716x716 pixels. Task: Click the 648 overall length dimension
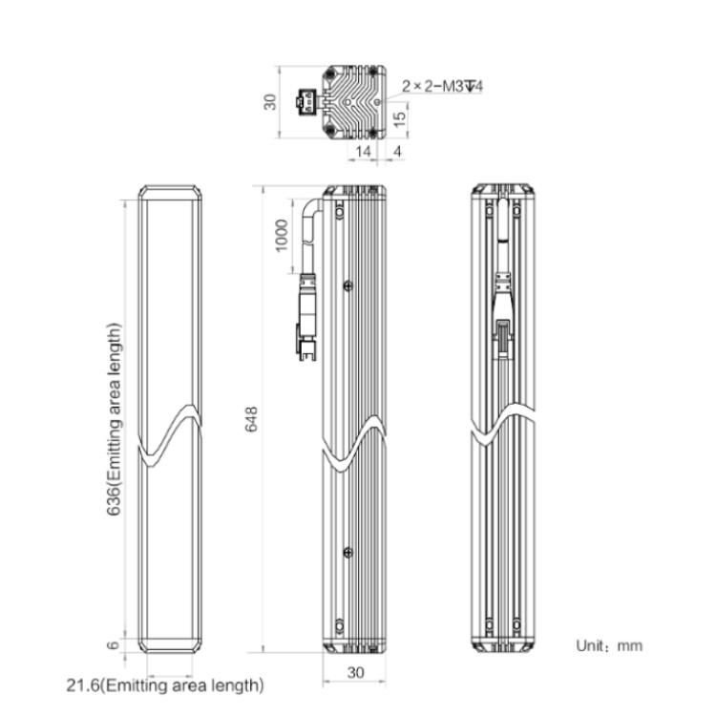coord(252,419)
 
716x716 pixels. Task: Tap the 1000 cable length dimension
coord(282,235)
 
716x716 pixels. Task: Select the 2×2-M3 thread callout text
coord(442,86)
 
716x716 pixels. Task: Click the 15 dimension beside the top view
coord(399,118)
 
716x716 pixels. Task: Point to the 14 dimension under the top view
coord(363,151)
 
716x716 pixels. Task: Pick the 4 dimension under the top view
coord(397,151)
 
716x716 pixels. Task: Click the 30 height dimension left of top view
coord(270,102)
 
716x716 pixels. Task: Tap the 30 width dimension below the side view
coord(356,672)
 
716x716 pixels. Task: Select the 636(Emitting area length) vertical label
coord(115,420)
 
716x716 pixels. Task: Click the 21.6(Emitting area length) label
coord(165,684)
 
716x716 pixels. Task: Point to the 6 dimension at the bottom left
coord(113,645)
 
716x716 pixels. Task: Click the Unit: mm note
coord(609,645)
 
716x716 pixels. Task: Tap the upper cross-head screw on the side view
coord(347,285)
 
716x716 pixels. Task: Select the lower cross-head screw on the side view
coord(347,553)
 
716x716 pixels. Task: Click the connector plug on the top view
coord(305,102)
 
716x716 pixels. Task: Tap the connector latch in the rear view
coord(503,339)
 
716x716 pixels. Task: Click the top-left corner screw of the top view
coord(329,74)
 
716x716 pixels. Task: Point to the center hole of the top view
coord(348,102)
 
